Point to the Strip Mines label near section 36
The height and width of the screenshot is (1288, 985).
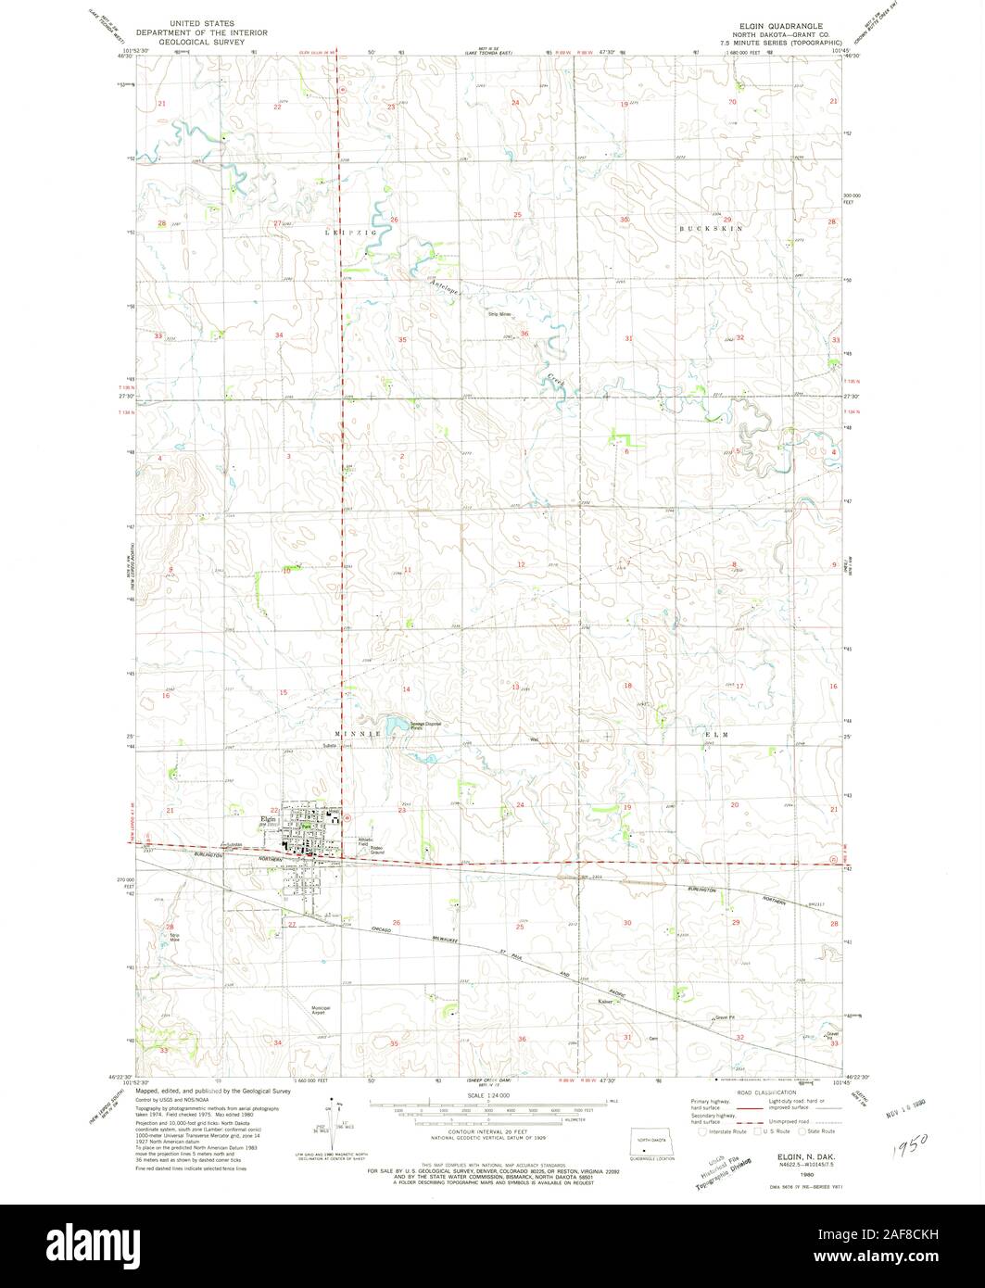[500, 314]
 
